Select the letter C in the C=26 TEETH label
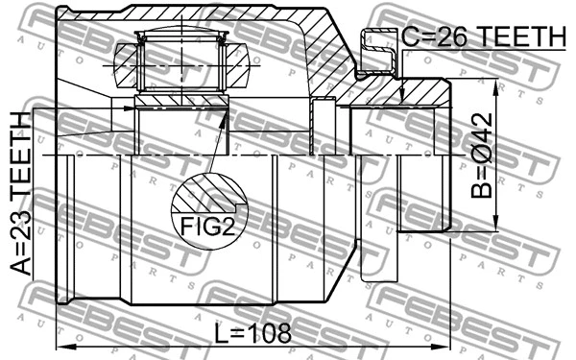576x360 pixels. coord(410,37)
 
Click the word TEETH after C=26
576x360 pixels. coord(518,37)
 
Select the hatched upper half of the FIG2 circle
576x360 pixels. coord(206,192)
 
